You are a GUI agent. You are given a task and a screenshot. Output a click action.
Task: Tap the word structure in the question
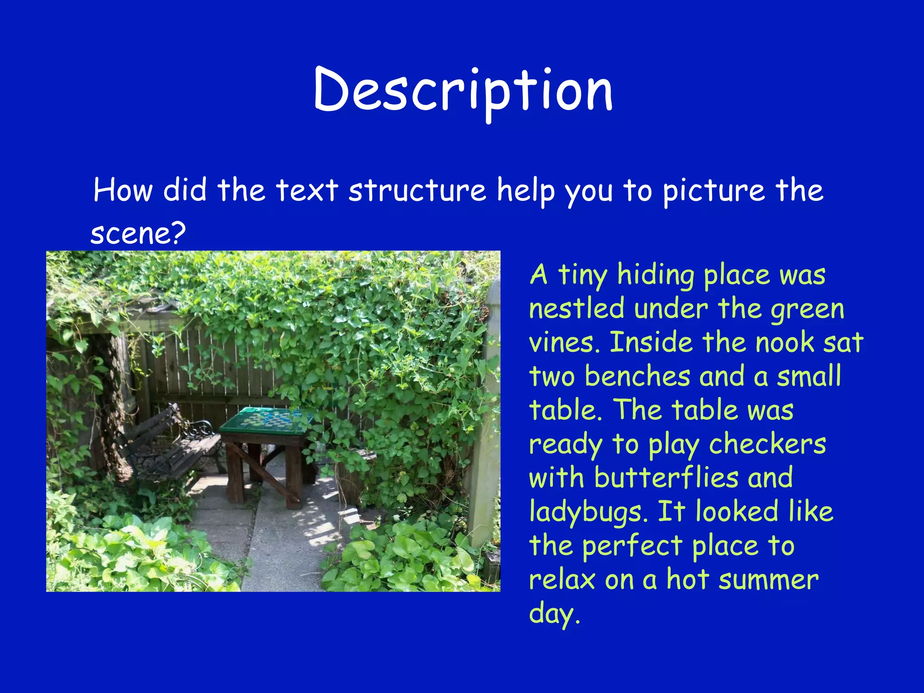point(417,190)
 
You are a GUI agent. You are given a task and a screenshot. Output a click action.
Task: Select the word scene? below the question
point(138,233)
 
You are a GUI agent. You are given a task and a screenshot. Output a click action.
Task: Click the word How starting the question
point(123,190)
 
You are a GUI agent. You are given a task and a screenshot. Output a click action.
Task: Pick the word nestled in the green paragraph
point(577,309)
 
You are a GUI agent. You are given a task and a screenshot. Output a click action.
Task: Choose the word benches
point(638,377)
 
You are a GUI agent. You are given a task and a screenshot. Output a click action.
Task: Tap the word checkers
point(767,444)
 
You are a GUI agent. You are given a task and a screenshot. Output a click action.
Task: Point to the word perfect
point(632,546)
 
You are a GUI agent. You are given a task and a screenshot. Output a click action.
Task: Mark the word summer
point(768,580)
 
